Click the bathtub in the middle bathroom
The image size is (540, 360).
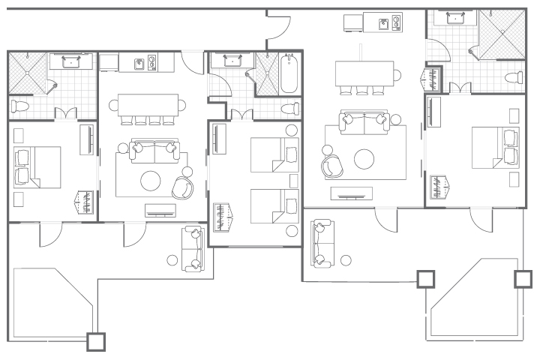290,73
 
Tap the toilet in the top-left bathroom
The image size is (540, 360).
20,107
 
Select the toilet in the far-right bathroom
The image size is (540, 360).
514,77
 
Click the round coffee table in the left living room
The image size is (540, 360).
151,181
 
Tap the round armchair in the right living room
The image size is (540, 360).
331,166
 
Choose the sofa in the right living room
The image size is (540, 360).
364,121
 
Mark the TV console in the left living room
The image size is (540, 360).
162,209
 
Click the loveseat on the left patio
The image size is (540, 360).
192,248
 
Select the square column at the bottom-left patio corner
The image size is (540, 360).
96,341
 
